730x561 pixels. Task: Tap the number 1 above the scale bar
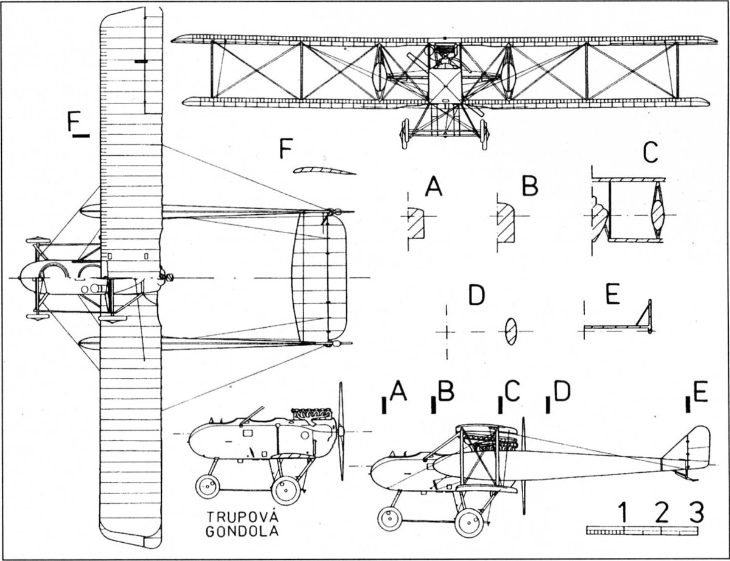pyautogui.click(x=624, y=513)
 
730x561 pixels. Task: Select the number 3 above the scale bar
pyautogui.click(x=697, y=513)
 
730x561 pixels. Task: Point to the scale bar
pyautogui.click(x=642, y=531)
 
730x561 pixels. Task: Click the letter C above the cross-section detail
pyautogui.click(x=650, y=155)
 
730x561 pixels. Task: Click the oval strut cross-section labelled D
pyautogui.click(x=511, y=331)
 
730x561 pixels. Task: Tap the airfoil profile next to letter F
pyautogui.click(x=324, y=171)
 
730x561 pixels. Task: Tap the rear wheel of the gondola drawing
pyautogui.click(x=285, y=490)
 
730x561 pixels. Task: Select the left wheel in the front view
pyautogui.click(x=405, y=134)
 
